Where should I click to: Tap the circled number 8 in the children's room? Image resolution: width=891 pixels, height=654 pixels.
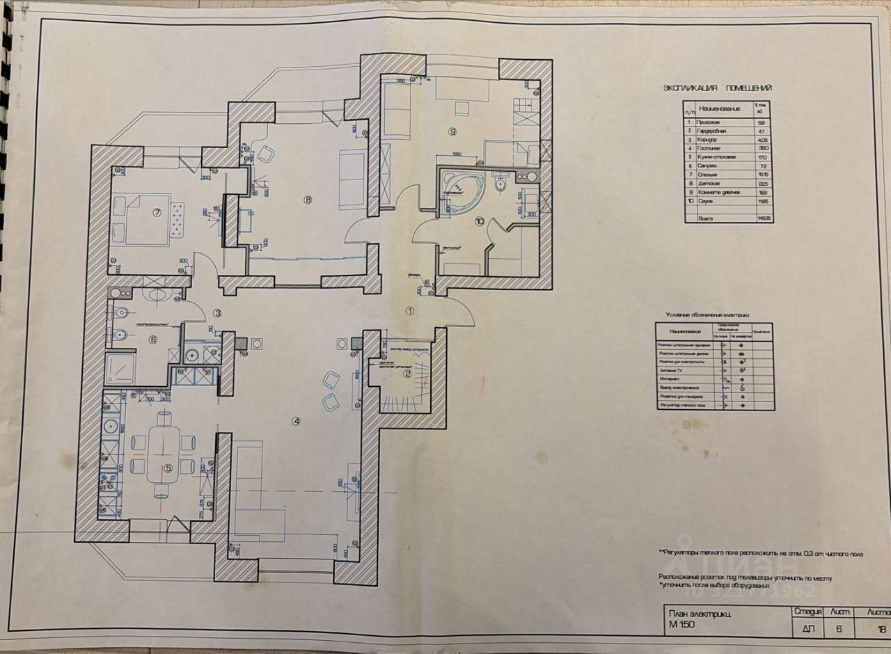point(309,200)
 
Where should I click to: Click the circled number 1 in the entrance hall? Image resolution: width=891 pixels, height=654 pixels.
point(410,312)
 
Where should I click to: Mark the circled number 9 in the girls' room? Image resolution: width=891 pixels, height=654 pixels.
point(452,131)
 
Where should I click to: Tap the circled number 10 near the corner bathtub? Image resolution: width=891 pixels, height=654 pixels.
point(479,222)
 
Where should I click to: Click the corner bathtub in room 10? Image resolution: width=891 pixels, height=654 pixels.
point(462,187)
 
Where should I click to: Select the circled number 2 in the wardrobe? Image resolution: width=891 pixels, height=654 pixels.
point(408,374)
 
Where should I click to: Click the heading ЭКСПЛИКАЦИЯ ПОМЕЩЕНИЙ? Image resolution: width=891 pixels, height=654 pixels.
point(717,88)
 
